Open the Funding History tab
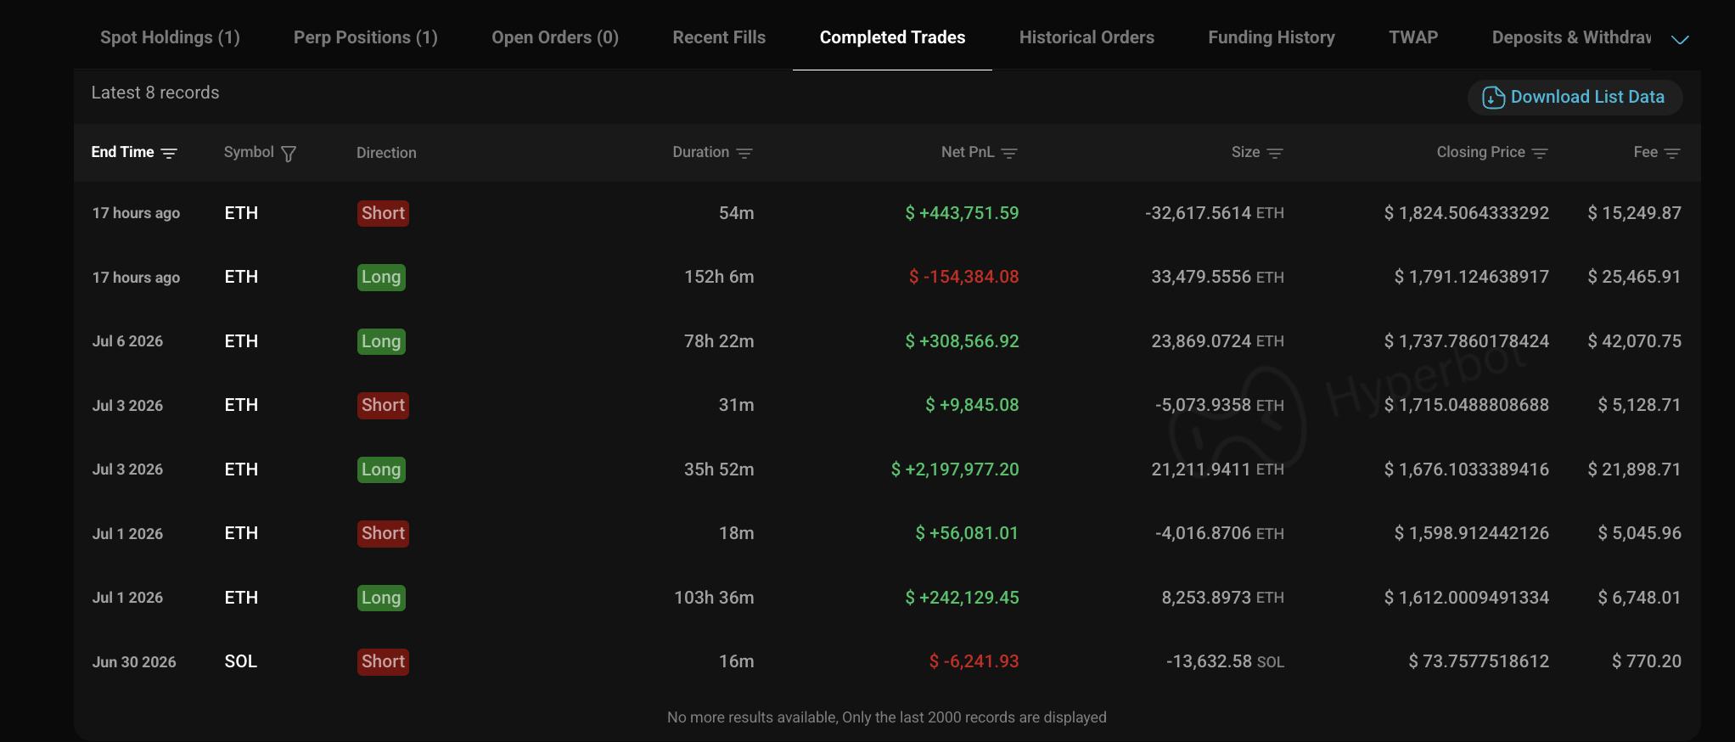1271,37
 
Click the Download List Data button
1575,97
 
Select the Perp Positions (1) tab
365,37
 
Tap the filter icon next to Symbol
289,154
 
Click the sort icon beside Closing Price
1540,154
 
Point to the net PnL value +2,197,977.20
954,469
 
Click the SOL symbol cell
240,661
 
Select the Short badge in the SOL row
383,661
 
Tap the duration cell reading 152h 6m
719,277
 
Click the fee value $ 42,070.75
1634,341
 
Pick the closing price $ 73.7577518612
1479,661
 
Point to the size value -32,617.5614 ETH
1214,213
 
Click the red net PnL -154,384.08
963,277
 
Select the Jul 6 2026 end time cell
127,341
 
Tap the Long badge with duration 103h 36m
381,598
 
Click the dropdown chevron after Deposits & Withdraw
1680,39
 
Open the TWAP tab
1413,37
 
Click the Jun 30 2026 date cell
134,662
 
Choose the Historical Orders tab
1086,37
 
